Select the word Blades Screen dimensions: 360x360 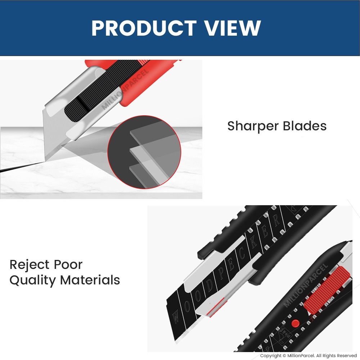click(x=305, y=126)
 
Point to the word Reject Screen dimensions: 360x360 click(x=29, y=265)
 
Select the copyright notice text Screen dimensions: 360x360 click(x=308, y=356)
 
